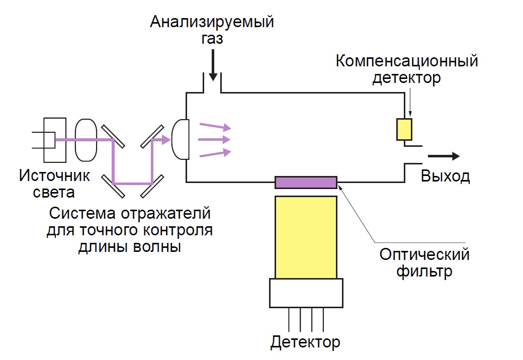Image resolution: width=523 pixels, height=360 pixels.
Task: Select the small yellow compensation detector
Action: click(404, 129)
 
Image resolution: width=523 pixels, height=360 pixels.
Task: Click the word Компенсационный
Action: click(406, 62)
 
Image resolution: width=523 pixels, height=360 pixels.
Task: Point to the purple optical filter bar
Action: click(306, 182)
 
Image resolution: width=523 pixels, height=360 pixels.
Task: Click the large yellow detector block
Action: click(306, 236)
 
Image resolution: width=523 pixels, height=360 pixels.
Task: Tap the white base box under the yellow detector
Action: click(306, 293)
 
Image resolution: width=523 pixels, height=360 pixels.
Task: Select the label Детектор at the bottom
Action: click(305, 342)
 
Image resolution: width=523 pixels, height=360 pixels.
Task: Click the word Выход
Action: click(446, 176)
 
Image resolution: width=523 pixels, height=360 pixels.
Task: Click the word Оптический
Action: click(425, 254)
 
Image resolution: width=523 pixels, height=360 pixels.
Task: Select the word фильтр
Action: click(425, 272)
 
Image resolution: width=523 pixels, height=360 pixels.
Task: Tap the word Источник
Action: click(55, 176)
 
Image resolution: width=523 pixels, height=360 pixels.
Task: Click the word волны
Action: click(156, 247)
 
